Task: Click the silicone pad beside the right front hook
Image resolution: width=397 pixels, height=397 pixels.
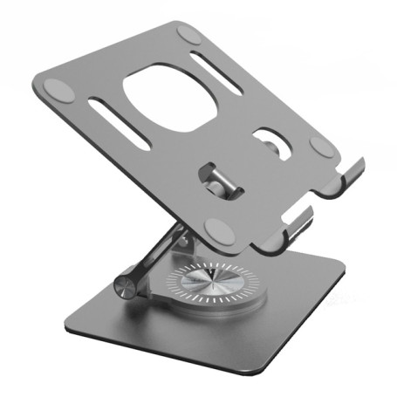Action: (x=322, y=146)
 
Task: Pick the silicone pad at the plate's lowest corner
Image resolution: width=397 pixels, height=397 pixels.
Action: (x=218, y=231)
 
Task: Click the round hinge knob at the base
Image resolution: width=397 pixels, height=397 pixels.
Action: (x=127, y=287)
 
